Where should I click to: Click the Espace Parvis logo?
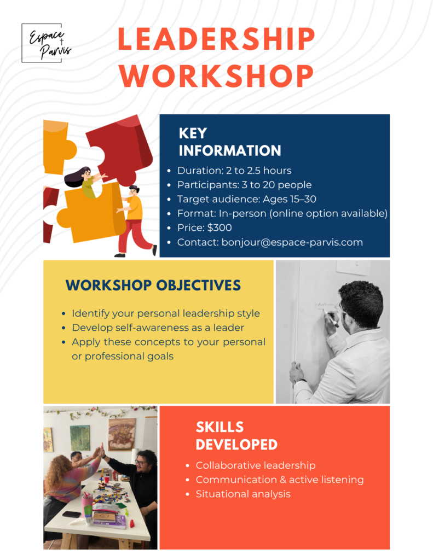[47, 43]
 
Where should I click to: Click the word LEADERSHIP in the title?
[216, 39]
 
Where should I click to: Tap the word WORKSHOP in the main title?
[216, 75]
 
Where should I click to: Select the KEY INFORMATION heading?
[229, 142]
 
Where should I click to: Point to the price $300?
[219, 227]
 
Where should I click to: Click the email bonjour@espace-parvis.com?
[292, 242]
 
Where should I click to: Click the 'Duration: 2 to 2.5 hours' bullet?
[234, 171]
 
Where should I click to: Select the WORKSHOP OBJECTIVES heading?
[153, 285]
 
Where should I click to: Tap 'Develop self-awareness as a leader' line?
[158, 328]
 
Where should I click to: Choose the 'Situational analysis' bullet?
[243, 494]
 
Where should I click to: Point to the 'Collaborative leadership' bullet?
[255, 465]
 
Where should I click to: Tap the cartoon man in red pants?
[135, 221]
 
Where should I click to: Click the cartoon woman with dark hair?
[85, 182]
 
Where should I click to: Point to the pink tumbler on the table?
[87, 504]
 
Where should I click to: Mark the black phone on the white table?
[72, 514]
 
